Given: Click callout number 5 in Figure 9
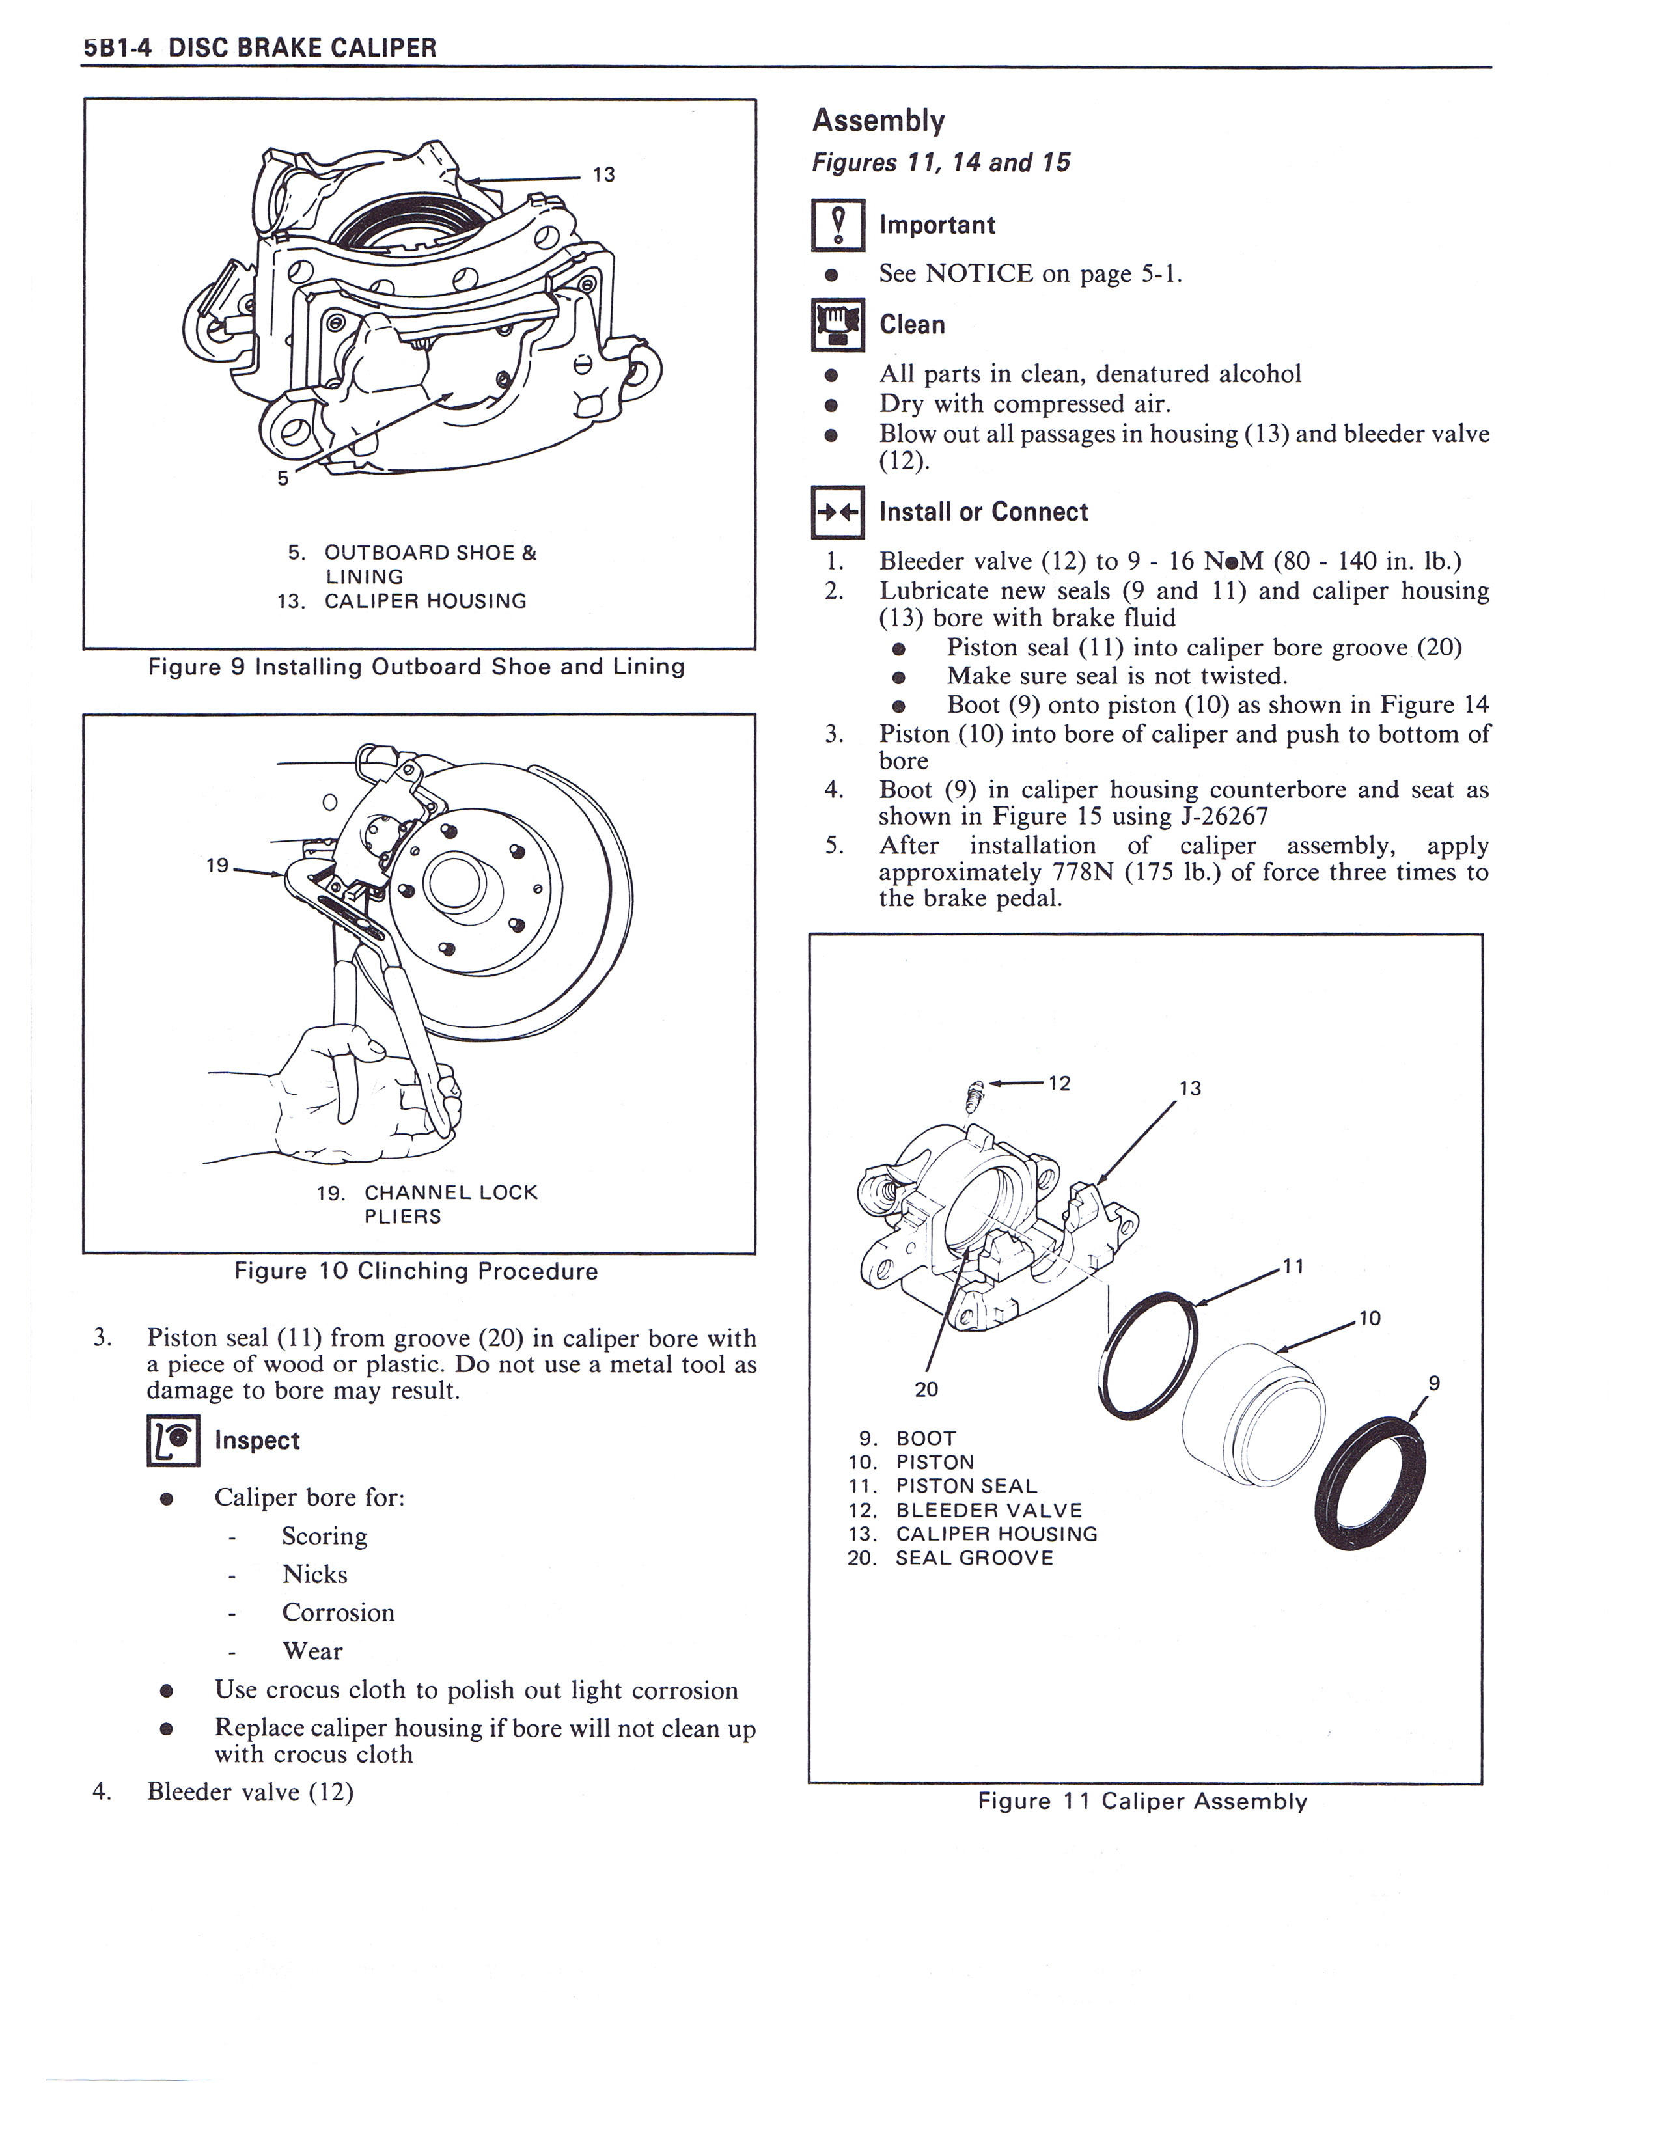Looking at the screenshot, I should (283, 479).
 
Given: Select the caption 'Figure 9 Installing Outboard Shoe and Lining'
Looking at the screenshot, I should (416, 667).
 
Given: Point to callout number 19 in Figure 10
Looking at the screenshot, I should (217, 866).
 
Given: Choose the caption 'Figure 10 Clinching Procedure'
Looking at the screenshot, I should (416, 1272).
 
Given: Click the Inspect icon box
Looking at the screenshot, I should (173, 1441).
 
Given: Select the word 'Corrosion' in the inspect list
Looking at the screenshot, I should (339, 1613).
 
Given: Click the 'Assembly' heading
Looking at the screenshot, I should (878, 121).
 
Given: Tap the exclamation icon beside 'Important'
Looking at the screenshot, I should (838, 225).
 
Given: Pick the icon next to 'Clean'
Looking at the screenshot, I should (838, 325).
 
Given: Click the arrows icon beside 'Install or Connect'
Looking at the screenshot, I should (838, 512).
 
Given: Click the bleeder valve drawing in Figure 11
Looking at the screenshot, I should (976, 1093).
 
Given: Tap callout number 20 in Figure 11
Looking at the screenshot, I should (926, 1389).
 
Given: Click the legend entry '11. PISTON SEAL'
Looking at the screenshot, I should (942, 1486).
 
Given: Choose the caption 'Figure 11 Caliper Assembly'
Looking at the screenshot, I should (1142, 1802).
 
